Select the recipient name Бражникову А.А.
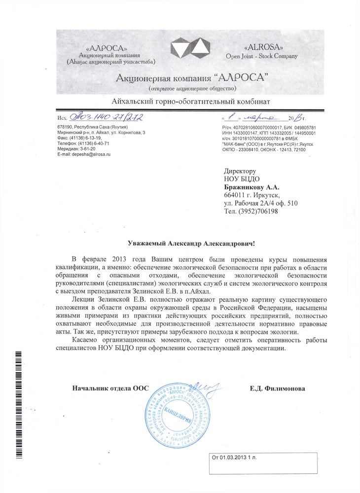point(252,187)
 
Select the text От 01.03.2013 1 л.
point(237,458)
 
